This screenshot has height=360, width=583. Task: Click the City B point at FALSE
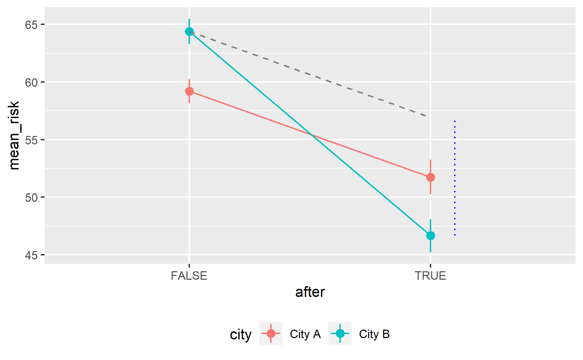tap(189, 32)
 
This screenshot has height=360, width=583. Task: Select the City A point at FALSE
tap(189, 91)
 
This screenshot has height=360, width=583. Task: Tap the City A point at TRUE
tap(431, 177)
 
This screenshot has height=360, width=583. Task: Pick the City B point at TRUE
tap(431, 236)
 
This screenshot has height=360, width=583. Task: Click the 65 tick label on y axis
tap(31, 25)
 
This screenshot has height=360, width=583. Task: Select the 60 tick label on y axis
tap(31, 83)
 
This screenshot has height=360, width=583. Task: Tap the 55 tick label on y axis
tap(31, 140)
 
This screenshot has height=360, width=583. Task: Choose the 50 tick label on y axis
tap(31, 198)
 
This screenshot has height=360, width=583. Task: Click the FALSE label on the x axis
tap(189, 276)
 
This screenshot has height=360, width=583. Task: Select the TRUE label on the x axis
tap(430, 276)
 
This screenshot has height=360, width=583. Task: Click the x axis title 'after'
tap(310, 292)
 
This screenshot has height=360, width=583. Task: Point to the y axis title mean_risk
tap(14, 135)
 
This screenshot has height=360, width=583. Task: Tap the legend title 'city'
tap(241, 334)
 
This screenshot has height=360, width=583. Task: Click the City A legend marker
tap(271, 334)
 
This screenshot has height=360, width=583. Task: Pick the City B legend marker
tap(340, 334)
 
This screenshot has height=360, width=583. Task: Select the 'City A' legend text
tap(305, 334)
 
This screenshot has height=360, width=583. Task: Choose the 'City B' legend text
tap(374, 334)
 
